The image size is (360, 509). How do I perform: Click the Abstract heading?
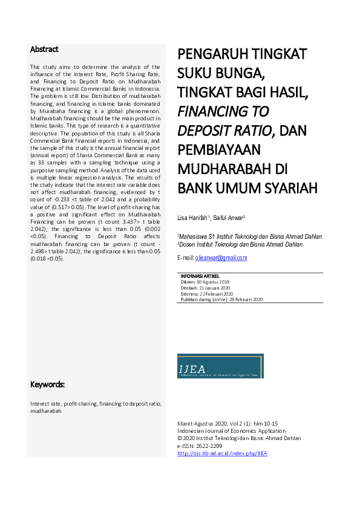44,49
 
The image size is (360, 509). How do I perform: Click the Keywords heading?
48,384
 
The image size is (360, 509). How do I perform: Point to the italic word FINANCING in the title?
223,112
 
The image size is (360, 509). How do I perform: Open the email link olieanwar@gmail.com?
221,258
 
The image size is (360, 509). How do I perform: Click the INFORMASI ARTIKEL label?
200,276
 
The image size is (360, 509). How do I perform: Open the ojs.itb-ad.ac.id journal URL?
222,453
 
